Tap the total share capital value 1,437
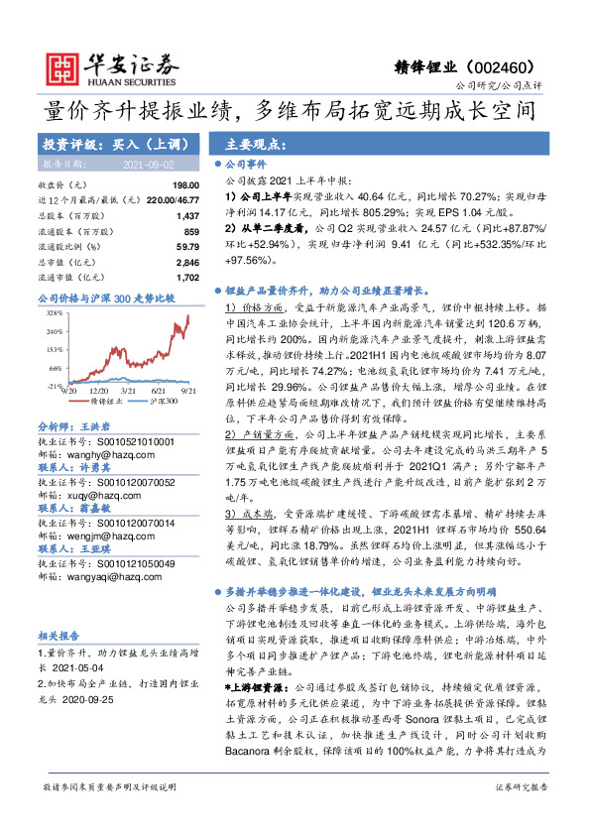pos(186,215)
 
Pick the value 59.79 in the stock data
pos(186,246)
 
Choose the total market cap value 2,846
pos(186,261)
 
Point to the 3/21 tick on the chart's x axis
pos(126,392)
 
